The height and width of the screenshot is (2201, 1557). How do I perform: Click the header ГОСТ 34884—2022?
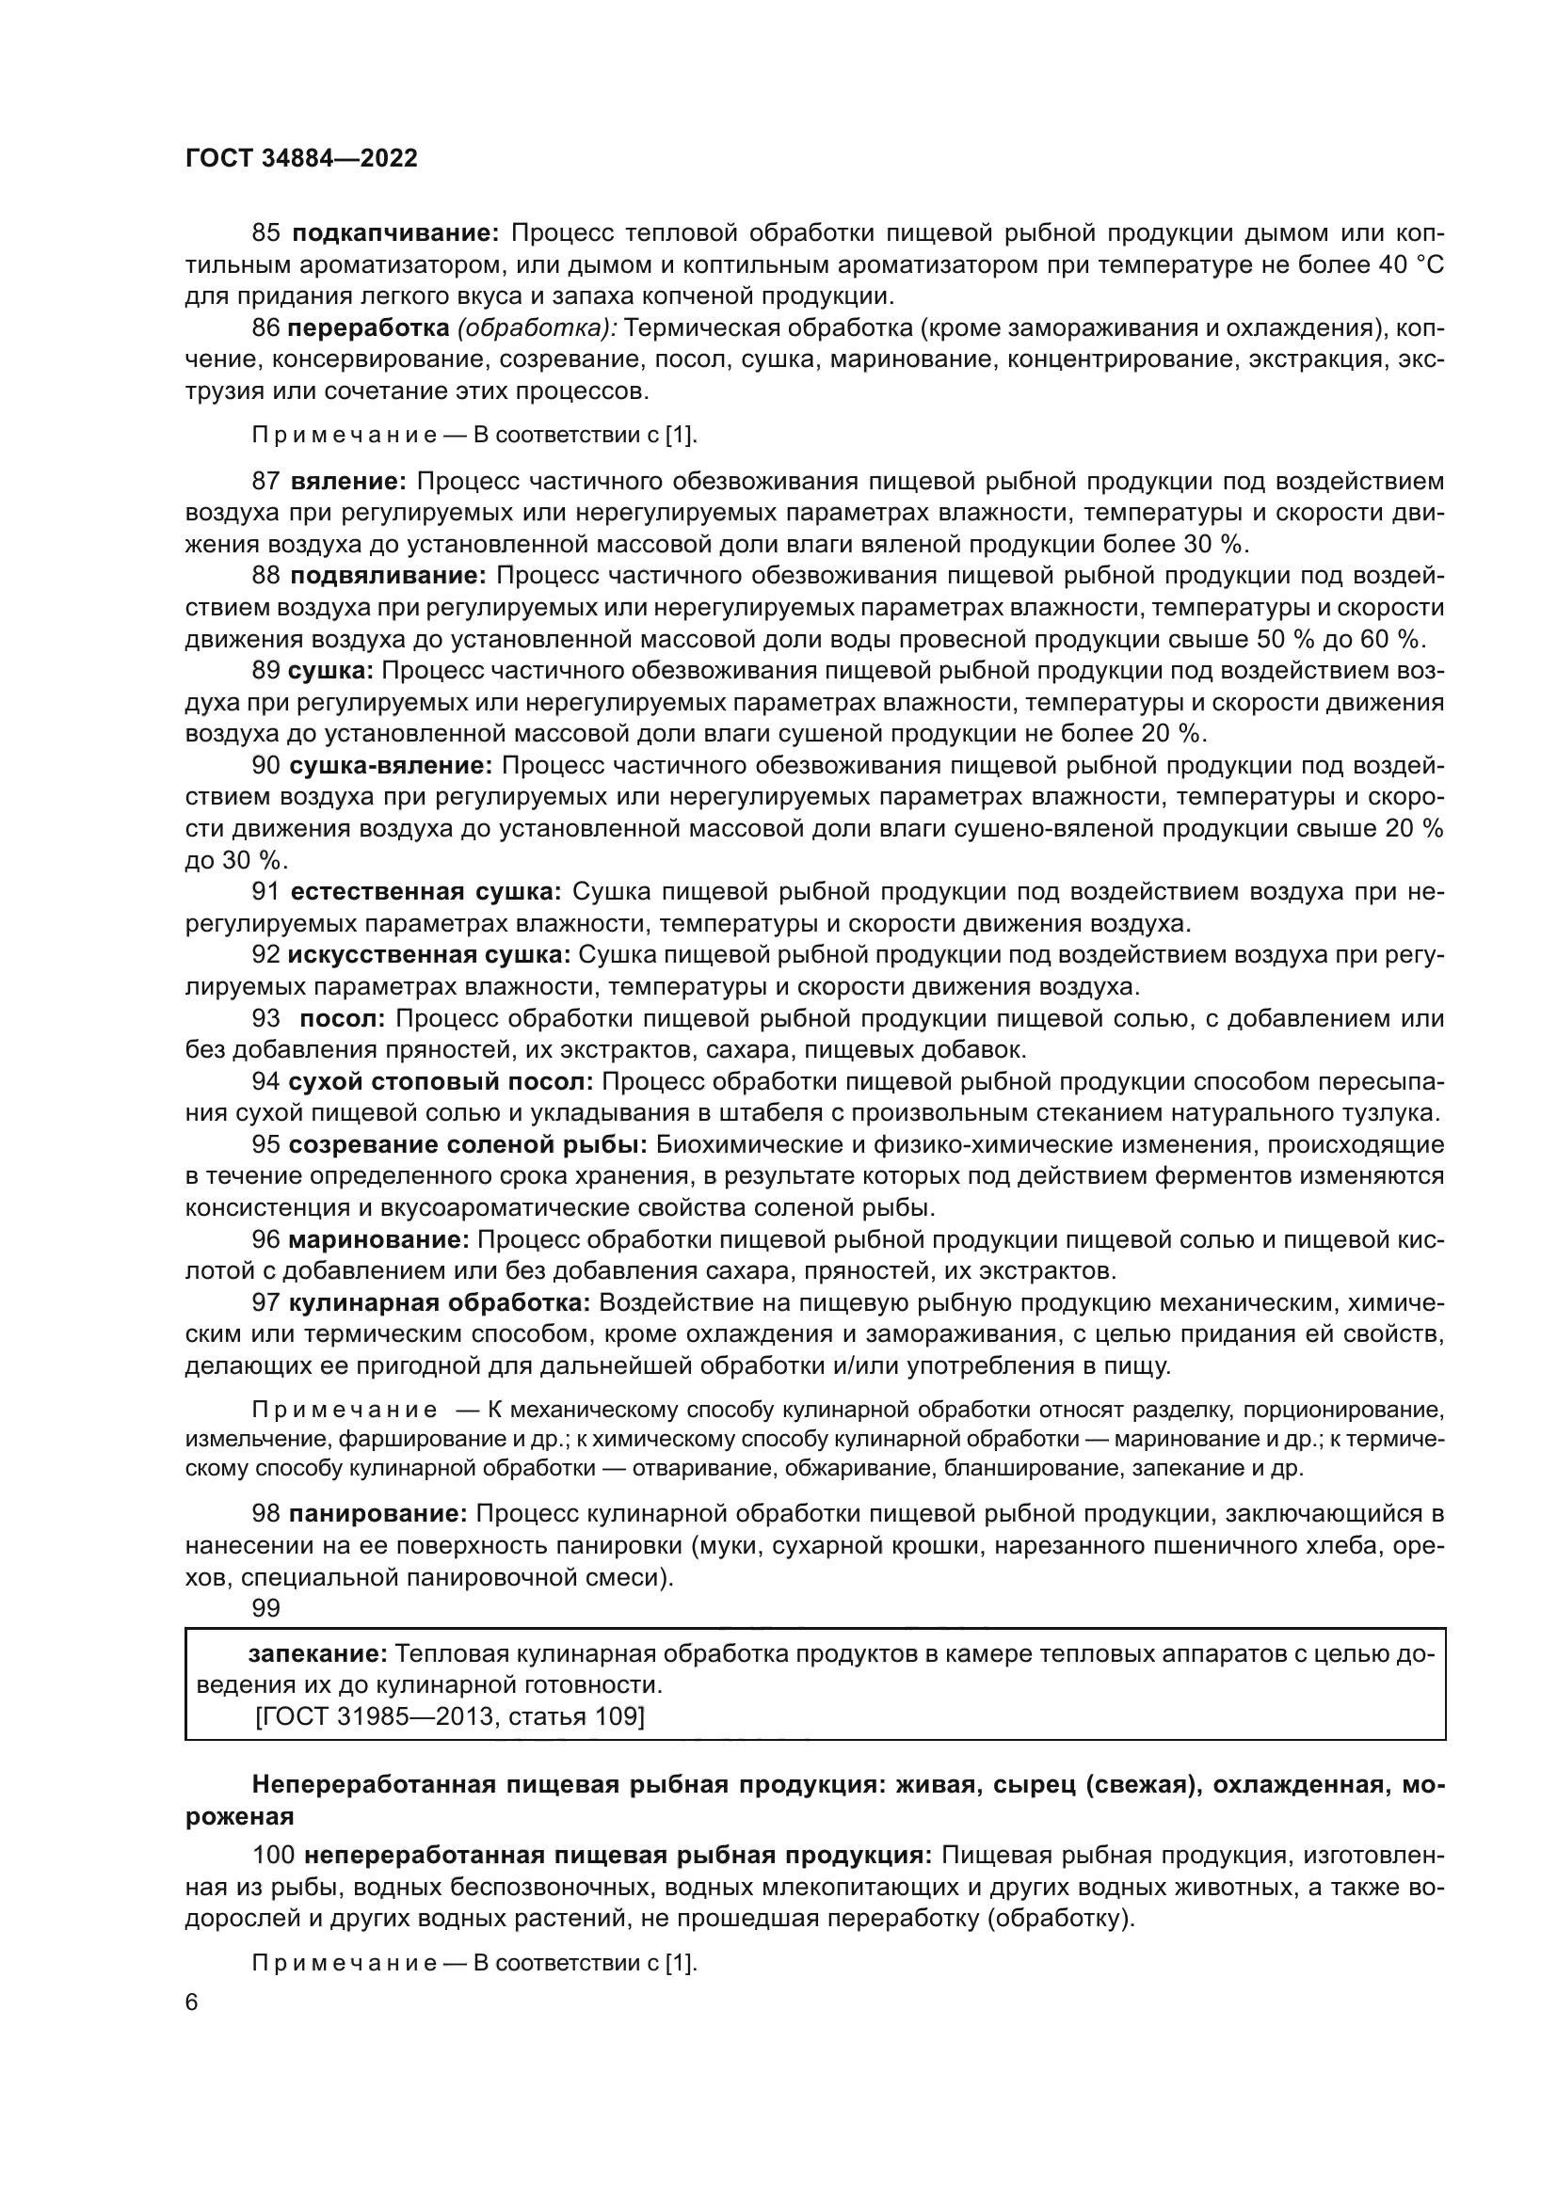[301, 159]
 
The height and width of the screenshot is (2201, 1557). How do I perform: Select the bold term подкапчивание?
[395, 233]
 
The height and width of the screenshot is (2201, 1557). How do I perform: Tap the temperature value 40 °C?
[1410, 264]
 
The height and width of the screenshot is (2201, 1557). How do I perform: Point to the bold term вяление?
[349, 481]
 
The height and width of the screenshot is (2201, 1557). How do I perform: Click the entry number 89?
[265, 670]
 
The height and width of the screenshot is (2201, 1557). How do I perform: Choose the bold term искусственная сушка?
[428, 955]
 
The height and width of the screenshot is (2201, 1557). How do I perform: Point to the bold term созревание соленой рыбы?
[468, 1144]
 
